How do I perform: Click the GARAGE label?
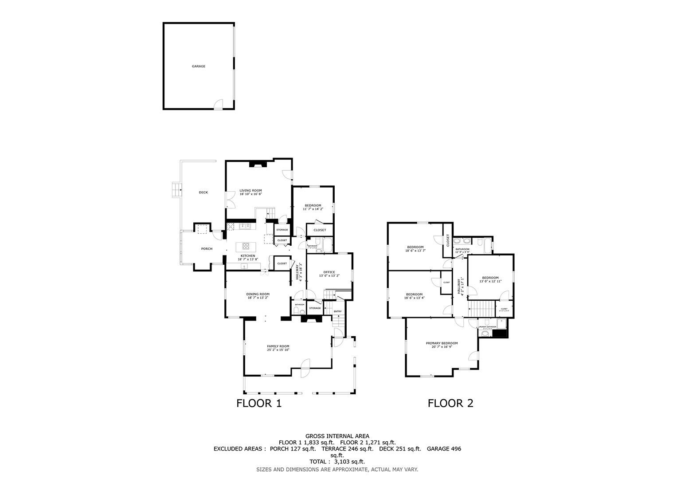click(x=198, y=66)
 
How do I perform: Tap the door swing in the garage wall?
click(x=218, y=104)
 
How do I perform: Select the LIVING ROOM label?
click(x=250, y=191)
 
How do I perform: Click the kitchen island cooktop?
click(x=246, y=247)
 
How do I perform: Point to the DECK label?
click(x=203, y=192)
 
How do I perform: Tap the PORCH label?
click(x=207, y=249)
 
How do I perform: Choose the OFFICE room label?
click(x=329, y=272)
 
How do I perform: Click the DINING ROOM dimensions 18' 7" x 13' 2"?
click(x=258, y=298)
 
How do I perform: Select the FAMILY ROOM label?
click(x=278, y=346)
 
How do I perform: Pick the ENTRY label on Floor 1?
click(x=338, y=311)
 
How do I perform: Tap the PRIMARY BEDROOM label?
click(x=442, y=343)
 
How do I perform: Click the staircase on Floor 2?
click(x=482, y=308)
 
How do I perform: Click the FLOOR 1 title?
click(x=259, y=403)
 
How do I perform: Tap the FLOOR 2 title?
click(x=450, y=403)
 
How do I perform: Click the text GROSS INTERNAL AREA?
click(x=337, y=436)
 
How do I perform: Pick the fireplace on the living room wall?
click(x=257, y=164)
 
